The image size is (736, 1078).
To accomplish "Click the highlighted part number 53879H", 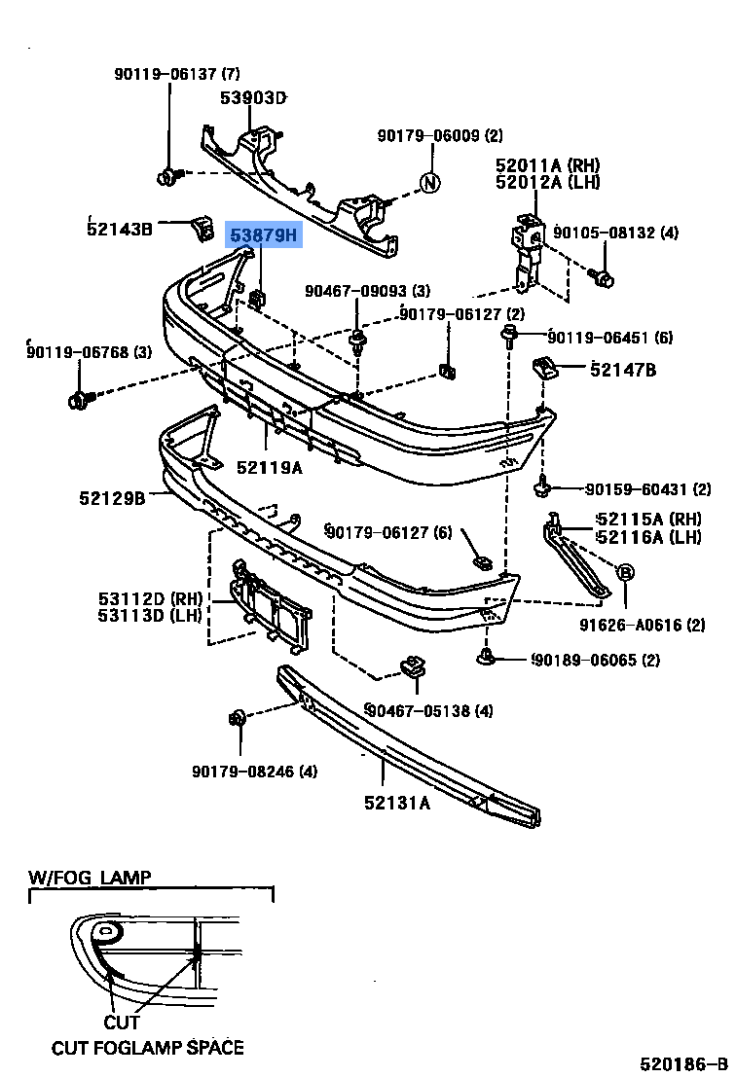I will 265,234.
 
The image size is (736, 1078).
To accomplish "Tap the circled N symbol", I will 429,182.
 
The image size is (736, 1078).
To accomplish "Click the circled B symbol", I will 625,572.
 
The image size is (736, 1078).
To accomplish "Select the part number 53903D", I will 252,97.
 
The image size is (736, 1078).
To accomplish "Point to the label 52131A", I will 397,803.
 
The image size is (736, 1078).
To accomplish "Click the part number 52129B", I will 112,498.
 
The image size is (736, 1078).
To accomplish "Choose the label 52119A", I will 269,467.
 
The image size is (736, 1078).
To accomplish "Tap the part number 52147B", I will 623,370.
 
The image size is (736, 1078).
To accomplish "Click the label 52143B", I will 120,229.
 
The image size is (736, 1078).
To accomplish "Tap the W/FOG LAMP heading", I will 90,878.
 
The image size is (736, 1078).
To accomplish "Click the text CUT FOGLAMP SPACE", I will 148,1047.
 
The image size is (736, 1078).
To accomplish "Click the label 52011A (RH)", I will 547,165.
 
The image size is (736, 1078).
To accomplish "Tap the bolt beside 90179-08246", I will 237,719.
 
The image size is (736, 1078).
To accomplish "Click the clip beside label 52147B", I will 544,368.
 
